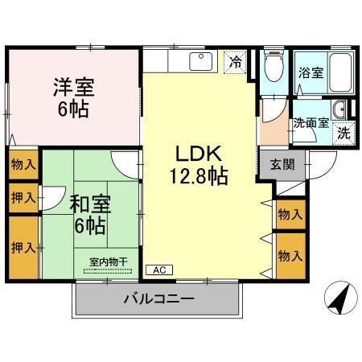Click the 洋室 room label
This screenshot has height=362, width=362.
click(x=73, y=85)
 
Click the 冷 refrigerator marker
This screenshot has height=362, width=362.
click(x=236, y=60)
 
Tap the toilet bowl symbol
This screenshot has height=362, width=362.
click(x=273, y=68)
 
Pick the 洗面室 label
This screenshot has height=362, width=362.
click(x=311, y=123)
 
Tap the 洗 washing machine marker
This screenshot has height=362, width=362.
click(x=343, y=133)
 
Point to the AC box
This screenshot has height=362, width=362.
click(x=157, y=270)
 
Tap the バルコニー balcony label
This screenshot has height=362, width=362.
click(x=158, y=300)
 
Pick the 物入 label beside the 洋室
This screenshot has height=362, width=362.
click(x=23, y=165)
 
